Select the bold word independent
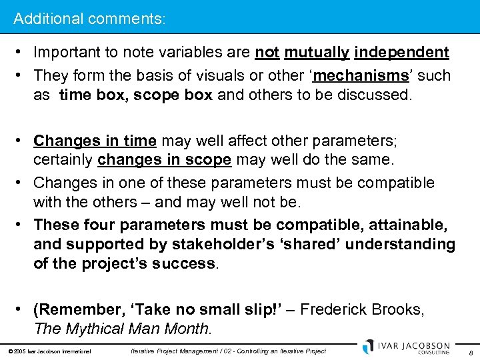click(402, 53)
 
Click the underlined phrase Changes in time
click(95, 141)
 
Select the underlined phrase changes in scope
click(165, 161)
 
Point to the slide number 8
click(470, 352)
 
